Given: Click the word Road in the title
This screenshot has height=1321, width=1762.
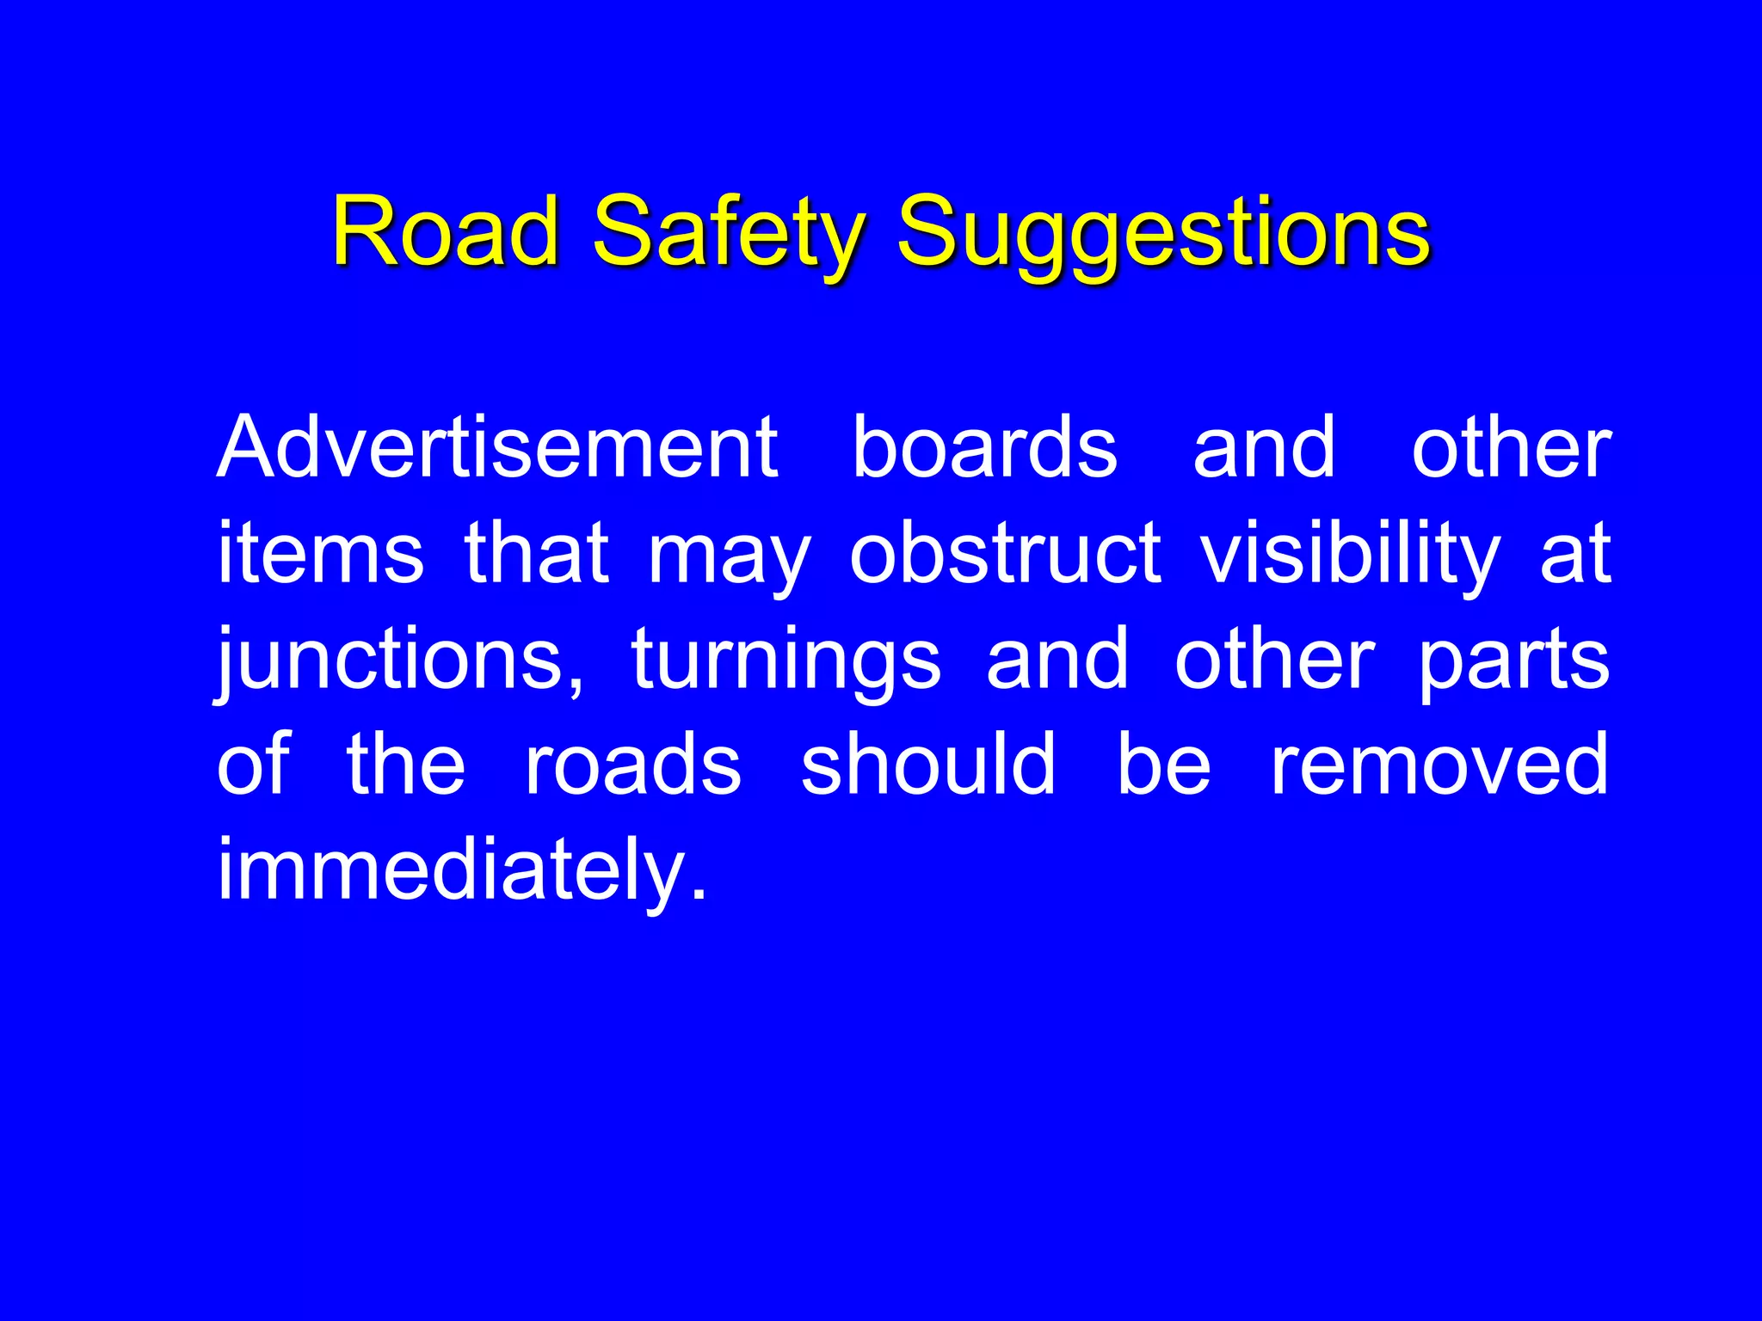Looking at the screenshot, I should pos(445,230).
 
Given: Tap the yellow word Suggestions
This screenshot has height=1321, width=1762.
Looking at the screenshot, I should pos(1163,230).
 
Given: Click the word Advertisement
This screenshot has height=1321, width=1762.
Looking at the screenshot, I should pos(497,447).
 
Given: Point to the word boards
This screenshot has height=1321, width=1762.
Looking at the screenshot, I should pos(984,447).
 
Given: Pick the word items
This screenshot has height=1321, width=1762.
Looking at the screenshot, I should pos(320,553).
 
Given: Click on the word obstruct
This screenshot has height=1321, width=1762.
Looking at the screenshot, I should pos(1005,553).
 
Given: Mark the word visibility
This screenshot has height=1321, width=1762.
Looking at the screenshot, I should pos(1350,553).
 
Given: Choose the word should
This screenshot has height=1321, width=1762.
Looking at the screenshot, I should pos(928,764).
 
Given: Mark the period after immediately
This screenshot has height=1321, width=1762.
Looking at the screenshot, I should pos(698,895).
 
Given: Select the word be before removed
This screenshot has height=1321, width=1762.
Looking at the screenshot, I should pos(1164,764).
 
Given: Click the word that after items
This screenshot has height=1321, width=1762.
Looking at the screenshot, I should pos(537,553).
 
